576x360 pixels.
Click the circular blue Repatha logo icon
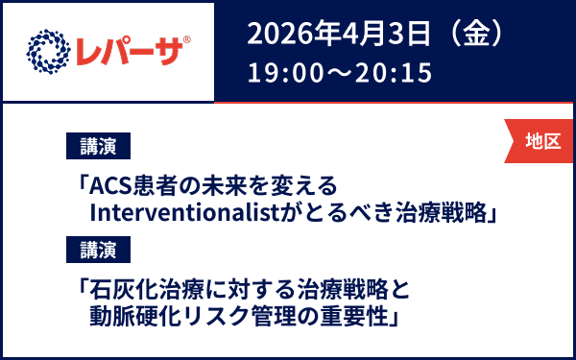[49, 49]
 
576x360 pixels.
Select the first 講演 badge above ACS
[98, 147]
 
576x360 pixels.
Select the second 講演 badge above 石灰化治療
[98, 251]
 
